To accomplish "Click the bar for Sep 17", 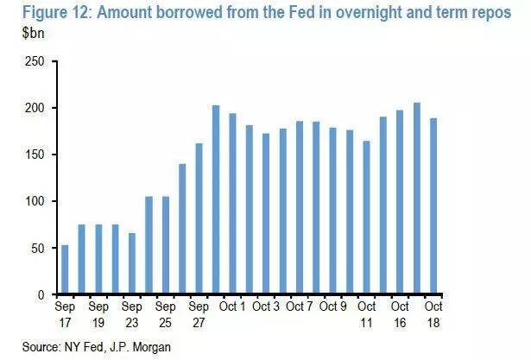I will [x=66, y=270].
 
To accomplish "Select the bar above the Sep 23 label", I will [x=132, y=264].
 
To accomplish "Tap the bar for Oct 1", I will [x=232, y=205].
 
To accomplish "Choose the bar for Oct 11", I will [x=367, y=218].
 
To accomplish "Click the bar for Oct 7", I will [x=300, y=208].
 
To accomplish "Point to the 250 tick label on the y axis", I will [x=35, y=62].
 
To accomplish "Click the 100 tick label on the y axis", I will [x=35, y=202].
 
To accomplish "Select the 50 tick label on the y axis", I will [x=39, y=249].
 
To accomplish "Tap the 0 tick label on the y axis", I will [x=42, y=295].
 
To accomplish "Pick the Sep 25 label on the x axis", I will [x=165, y=314].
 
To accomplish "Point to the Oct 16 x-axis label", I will [x=400, y=314].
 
